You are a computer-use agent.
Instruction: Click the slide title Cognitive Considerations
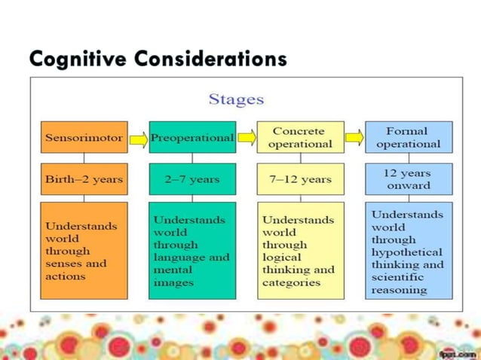click(158, 58)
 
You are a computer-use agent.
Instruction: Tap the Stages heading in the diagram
click(236, 99)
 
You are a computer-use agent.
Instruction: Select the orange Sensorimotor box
click(84, 138)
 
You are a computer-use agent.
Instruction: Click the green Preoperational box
click(192, 138)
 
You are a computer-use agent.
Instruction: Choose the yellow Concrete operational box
click(301, 137)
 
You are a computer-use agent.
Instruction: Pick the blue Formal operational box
click(409, 137)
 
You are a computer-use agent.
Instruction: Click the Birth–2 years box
click(84, 179)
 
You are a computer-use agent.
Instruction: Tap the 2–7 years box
click(192, 179)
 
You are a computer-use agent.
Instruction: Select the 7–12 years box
click(301, 179)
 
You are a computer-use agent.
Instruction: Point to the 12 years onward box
click(409, 179)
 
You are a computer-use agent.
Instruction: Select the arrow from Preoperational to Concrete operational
click(247, 138)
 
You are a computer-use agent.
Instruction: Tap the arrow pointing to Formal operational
click(355, 138)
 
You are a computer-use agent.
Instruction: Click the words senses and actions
click(76, 270)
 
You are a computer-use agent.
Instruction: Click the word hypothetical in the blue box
click(406, 252)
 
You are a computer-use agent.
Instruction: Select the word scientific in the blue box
click(397, 276)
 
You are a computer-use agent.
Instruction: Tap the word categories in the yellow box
click(291, 282)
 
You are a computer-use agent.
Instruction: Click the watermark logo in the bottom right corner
click(456, 352)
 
